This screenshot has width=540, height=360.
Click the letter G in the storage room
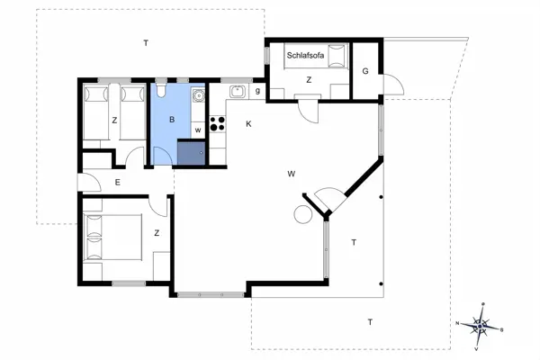click(x=365, y=71)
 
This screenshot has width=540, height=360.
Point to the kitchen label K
click(x=247, y=124)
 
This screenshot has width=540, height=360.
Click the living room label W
click(x=291, y=173)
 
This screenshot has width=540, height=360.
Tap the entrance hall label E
click(x=118, y=183)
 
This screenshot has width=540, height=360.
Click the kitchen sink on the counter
click(x=237, y=91)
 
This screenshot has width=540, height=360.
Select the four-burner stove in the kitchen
click(x=217, y=124)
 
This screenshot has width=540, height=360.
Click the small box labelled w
click(x=197, y=130)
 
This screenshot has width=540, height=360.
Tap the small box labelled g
click(x=257, y=90)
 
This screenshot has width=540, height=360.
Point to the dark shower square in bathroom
click(x=191, y=153)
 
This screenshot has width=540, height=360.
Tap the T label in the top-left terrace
click(x=145, y=42)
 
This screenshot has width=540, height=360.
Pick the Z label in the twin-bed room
click(x=114, y=121)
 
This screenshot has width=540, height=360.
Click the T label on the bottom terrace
click(x=369, y=321)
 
